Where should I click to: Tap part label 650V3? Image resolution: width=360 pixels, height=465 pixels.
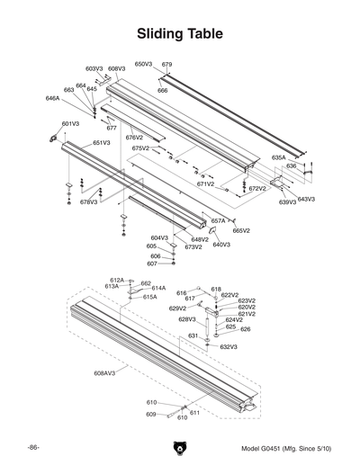click(144, 65)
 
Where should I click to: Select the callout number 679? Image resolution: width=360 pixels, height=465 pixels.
click(166, 65)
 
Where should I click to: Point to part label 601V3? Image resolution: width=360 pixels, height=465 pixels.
click(70, 123)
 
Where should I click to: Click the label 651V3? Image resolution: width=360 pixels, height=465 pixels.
click(101, 143)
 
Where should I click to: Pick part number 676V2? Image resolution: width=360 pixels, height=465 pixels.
click(134, 138)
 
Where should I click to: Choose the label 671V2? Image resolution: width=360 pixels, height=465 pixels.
click(206, 183)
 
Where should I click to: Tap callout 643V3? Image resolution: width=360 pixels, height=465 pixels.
click(306, 199)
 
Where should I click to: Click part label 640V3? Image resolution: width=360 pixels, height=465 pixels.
click(221, 245)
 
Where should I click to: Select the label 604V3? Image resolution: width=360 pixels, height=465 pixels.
click(158, 237)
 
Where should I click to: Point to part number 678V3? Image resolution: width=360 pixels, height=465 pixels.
click(88, 202)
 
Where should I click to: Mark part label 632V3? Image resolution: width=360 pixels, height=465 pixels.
click(229, 346)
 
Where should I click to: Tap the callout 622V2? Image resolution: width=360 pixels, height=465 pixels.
click(230, 295)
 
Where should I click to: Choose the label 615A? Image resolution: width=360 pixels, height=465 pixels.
click(149, 296)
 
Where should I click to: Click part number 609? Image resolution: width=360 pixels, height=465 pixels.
click(151, 415)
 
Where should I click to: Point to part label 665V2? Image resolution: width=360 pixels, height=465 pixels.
click(241, 231)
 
